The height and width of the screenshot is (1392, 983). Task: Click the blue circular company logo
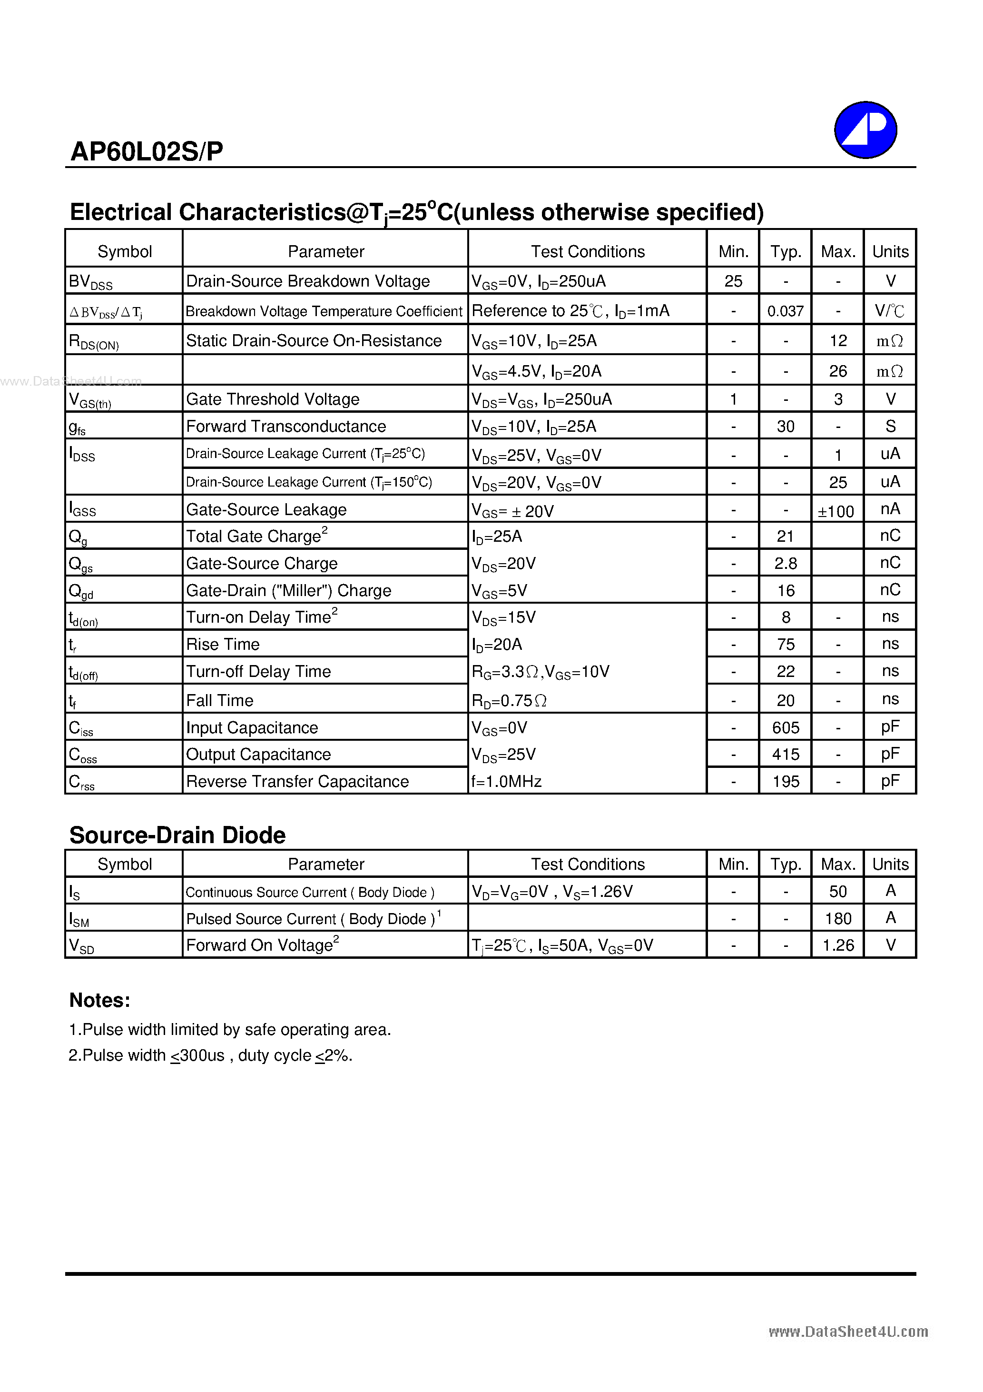click(865, 130)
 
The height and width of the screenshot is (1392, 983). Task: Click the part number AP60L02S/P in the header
click(147, 151)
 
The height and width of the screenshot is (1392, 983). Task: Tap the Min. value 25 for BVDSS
click(733, 281)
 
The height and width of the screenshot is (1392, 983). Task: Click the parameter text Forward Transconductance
click(285, 426)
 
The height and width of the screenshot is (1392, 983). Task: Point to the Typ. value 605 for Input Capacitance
click(786, 727)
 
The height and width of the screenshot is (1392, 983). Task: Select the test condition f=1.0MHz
click(507, 782)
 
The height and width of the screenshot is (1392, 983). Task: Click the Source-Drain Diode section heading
click(177, 835)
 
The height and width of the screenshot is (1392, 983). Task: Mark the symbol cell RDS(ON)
click(94, 342)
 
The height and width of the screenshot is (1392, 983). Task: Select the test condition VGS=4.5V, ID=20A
click(536, 371)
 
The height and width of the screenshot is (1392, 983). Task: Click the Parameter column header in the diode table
click(325, 864)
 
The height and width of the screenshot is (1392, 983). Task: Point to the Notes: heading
click(99, 1000)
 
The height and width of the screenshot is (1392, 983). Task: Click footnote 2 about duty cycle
click(210, 1055)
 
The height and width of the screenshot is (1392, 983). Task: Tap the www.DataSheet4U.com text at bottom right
click(848, 1332)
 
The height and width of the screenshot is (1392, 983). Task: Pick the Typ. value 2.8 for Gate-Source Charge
click(786, 564)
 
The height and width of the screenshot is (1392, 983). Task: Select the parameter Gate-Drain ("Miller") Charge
click(288, 590)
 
